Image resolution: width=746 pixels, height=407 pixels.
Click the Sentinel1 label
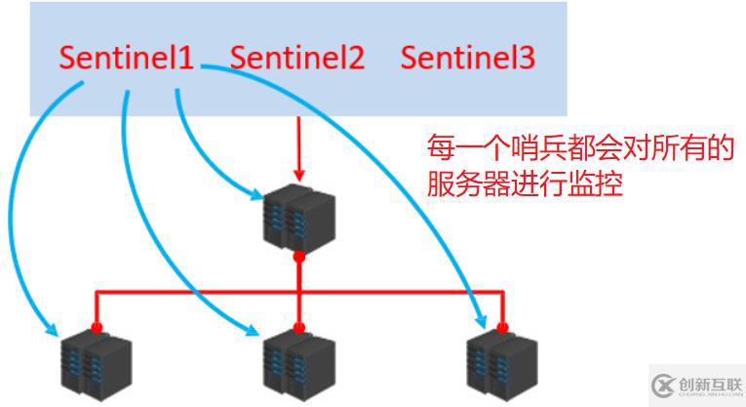(126, 58)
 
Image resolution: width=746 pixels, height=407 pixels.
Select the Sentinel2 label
(297, 58)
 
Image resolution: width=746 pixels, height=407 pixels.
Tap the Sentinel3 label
(468, 58)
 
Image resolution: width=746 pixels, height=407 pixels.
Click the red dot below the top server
(299, 258)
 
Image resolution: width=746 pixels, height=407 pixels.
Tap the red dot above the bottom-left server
(96, 327)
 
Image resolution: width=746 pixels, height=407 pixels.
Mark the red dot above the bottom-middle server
(299, 327)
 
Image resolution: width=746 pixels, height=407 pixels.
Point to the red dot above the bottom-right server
(503, 327)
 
